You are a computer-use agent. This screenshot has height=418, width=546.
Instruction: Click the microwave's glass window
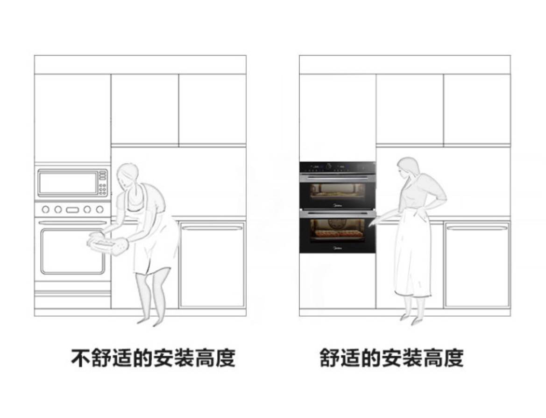coord(67,183)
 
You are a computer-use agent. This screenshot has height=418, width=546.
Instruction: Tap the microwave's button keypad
coord(102,183)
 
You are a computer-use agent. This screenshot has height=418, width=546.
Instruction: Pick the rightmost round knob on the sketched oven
coord(99,209)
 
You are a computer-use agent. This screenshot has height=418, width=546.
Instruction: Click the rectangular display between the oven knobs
coord(72,210)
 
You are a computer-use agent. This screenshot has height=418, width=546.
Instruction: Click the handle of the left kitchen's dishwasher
coord(212,228)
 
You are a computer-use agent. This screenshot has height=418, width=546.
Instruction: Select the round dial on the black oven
coord(329,166)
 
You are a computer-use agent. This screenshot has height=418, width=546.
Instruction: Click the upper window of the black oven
coord(337,191)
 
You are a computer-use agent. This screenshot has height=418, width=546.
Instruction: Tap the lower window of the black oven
coord(337,230)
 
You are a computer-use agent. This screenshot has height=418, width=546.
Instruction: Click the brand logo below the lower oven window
coord(337,248)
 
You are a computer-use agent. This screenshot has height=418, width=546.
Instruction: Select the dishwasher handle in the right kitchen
coord(477,228)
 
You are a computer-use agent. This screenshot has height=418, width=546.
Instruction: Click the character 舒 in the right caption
coord(330,358)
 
